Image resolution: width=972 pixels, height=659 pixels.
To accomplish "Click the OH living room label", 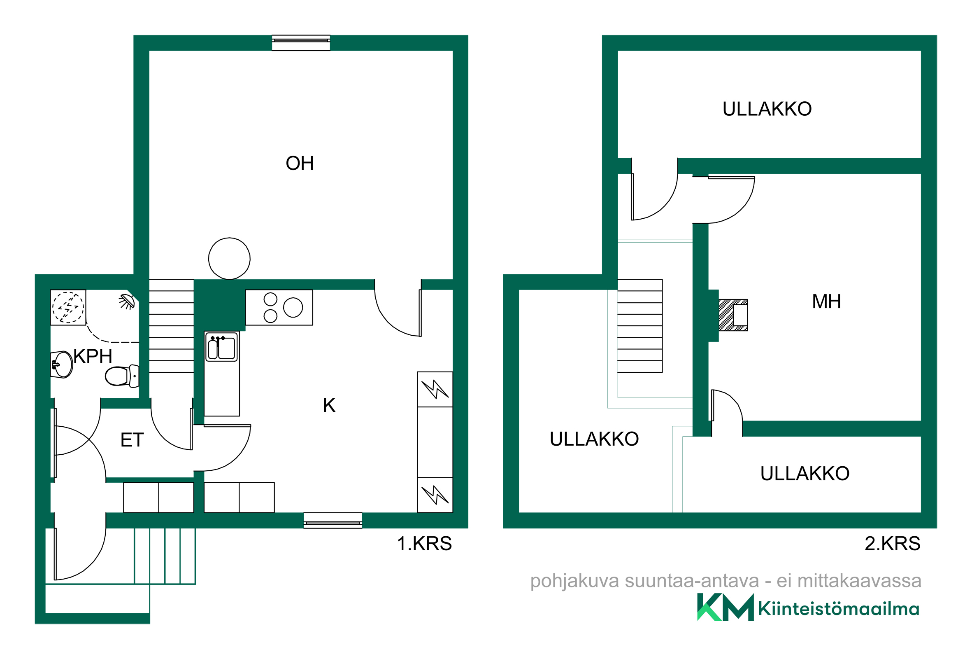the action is tap(300, 163).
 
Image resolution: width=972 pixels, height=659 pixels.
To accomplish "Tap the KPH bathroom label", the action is tap(93, 356).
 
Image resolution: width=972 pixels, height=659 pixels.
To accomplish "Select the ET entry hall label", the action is tap(132, 440).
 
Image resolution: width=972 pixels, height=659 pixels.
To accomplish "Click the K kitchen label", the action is tap(329, 405).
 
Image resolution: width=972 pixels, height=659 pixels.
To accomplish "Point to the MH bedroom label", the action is tap(826, 301).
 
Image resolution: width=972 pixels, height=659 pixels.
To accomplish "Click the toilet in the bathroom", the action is tap(122, 376).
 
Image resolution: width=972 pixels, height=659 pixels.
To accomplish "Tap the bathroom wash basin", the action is tap(61, 365).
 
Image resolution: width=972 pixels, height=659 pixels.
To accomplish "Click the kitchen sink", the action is tap(222, 347).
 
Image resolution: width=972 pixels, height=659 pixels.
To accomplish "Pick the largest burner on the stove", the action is tap(293, 308).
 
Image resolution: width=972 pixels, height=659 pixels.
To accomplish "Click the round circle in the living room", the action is tap(229, 258).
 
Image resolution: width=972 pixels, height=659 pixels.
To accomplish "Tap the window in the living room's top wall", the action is tap(301, 43).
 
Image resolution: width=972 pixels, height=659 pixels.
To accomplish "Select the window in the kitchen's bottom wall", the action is tap(333, 521).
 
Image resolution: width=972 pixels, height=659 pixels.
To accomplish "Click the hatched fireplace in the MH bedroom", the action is tap(733, 315).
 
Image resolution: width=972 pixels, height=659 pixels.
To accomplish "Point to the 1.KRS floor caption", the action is tap(424, 544).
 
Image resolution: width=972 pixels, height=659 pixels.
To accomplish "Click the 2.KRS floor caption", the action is tap(892, 544).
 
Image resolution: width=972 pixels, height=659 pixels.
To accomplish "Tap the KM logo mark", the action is tap(725, 608).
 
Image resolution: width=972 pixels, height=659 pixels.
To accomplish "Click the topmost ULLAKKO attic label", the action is tap(767, 109).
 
